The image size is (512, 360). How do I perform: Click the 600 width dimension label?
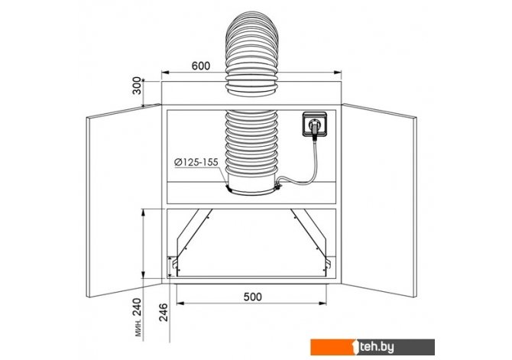[x=201, y=66]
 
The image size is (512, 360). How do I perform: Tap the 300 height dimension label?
[x=137, y=86]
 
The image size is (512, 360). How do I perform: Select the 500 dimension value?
[x=253, y=297]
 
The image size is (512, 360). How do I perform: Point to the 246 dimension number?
[x=163, y=313]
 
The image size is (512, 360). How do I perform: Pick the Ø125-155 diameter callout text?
[x=196, y=162]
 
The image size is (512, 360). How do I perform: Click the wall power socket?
[x=315, y=124]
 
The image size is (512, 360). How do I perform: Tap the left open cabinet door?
[x=124, y=200]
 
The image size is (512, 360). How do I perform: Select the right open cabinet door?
[x=379, y=200]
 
